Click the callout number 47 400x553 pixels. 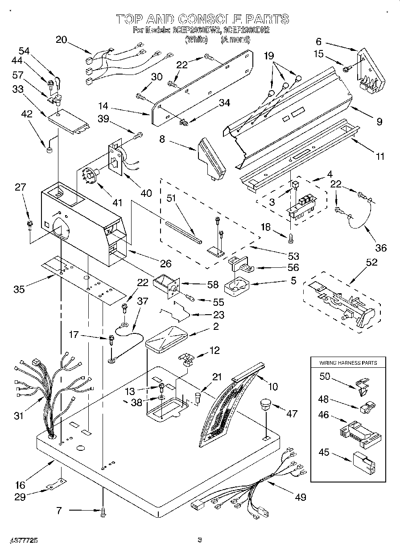[x=291, y=414]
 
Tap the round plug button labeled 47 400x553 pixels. [x=265, y=405]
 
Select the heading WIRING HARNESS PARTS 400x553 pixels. [x=348, y=363]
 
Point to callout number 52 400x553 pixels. [x=371, y=262]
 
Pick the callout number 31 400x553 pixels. [x=18, y=416]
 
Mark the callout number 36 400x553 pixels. [x=380, y=248]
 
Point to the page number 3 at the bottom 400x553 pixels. [x=200, y=541]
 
